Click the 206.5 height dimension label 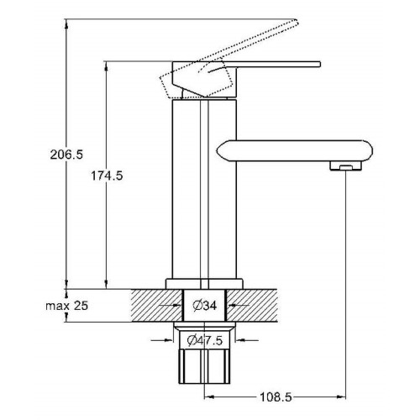pyautogui.click(x=66, y=155)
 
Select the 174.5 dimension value pyautogui.click(x=107, y=176)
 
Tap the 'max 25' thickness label pyautogui.click(x=67, y=306)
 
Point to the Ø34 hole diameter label pyautogui.click(x=205, y=305)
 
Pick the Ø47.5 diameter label pyautogui.click(x=205, y=340)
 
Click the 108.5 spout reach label pyautogui.click(x=276, y=396)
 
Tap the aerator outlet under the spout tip pyautogui.click(x=346, y=166)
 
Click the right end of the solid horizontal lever pyautogui.click(x=320, y=64)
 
